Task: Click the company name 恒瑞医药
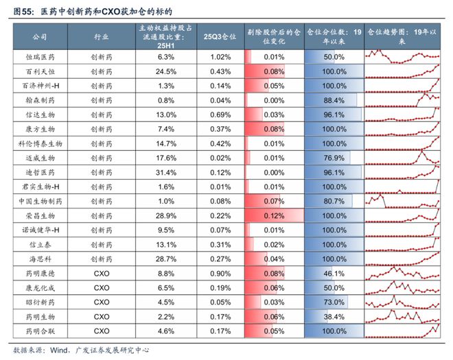[x=39, y=57]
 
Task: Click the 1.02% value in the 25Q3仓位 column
[x=220, y=57]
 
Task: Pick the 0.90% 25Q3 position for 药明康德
[x=220, y=273]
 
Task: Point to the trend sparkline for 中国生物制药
[x=402, y=201]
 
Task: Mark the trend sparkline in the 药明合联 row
[x=402, y=331]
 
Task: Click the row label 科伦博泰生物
[x=39, y=143]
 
